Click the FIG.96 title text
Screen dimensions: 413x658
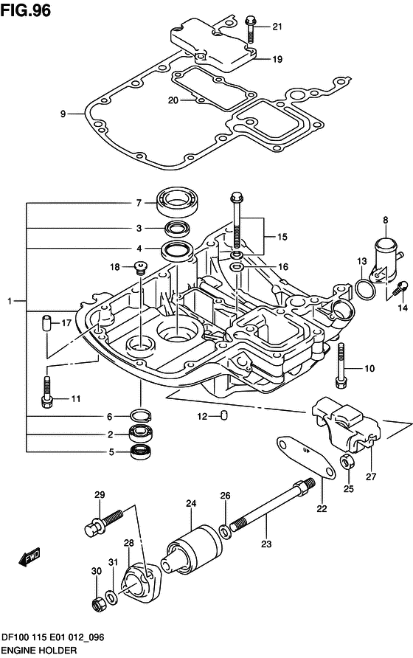[x=26, y=10]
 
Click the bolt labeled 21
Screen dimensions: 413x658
[x=250, y=30]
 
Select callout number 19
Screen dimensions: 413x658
[x=277, y=59]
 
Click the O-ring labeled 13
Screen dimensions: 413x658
[x=365, y=289]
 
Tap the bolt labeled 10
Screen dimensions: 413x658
[x=341, y=365]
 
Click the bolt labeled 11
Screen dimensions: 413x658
[x=47, y=392]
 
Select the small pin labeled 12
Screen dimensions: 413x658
[x=224, y=416]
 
